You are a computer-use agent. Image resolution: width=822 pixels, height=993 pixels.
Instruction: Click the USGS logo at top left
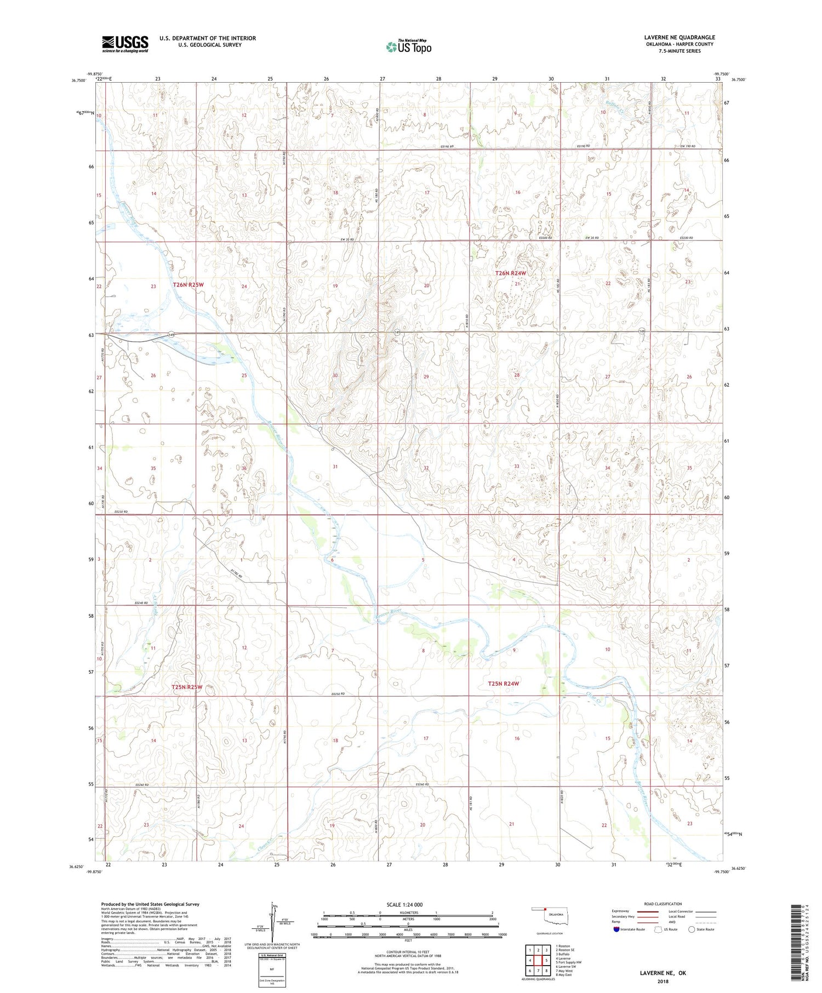point(125,44)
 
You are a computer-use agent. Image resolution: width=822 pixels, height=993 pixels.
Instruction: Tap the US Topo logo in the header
point(408,47)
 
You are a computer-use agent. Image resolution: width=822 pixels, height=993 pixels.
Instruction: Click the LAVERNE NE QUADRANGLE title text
point(680,37)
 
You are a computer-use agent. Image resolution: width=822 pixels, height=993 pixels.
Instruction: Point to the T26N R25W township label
point(188,285)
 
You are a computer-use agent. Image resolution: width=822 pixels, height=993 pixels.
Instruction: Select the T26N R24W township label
point(510,273)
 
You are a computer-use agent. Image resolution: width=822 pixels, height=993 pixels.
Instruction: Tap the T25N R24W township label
point(503,684)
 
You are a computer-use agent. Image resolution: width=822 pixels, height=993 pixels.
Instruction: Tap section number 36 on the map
point(244,468)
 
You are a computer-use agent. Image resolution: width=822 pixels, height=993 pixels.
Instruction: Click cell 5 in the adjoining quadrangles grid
point(546,960)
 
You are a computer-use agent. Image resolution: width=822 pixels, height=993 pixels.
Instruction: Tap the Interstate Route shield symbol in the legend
point(616,929)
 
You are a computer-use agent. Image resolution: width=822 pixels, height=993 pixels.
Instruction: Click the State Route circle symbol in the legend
point(692,929)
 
